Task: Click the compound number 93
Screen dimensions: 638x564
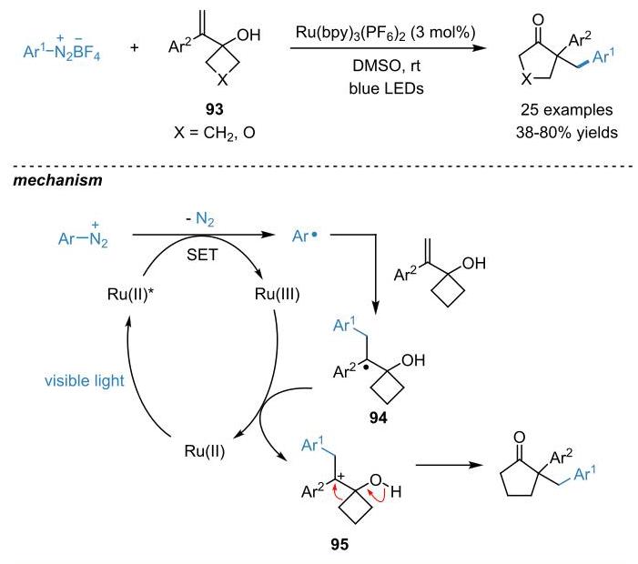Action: click(215, 109)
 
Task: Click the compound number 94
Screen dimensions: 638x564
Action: click(379, 418)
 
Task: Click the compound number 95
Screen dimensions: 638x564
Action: click(339, 544)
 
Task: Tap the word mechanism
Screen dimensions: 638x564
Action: click(57, 180)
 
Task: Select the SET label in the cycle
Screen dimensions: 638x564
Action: click(202, 255)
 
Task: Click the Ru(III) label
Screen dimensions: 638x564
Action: click(277, 294)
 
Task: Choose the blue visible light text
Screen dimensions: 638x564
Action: click(85, 381)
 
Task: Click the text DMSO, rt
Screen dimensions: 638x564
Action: click(386, 65)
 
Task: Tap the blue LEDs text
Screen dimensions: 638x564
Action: click(386, 88)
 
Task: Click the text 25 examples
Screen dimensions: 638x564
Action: click(567, 110)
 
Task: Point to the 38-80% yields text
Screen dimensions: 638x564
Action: click(567, 133)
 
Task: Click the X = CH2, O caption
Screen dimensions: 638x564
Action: click(215, 133)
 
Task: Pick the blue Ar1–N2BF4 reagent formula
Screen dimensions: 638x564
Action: click(62, 49)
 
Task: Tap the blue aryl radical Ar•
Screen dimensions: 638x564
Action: click(304, 236)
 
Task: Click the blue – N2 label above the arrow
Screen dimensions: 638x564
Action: click(199, 219)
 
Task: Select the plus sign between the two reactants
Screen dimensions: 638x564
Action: click(135, 47)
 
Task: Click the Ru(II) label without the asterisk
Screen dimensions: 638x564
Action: click(204, 451)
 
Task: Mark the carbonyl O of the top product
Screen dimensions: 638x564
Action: click(538, 20)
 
